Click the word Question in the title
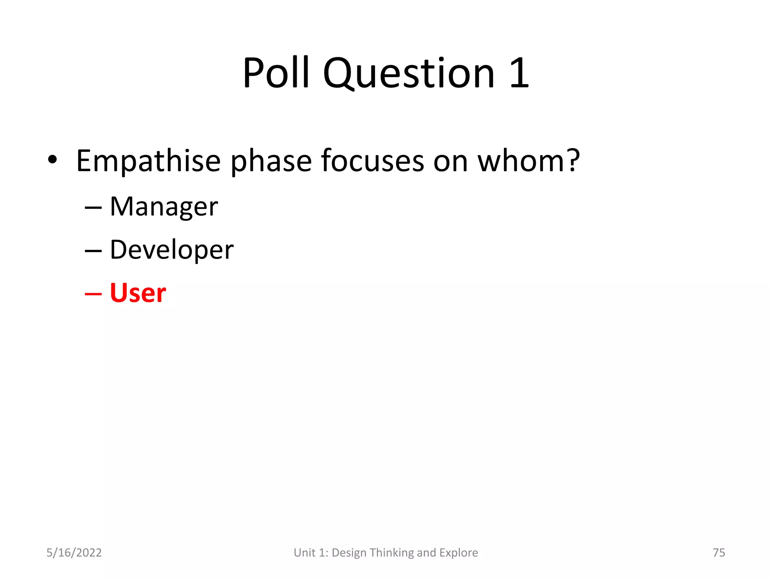[409, 74]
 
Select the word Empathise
[148, 161]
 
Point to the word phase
[271, 161]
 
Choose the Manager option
[164, 207]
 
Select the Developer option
[172, 250]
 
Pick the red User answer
[138, 293]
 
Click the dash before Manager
[93, 208]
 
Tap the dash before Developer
[93, 251]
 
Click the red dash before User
[93, 294]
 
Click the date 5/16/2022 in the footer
[74, 553]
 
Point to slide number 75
[719, 553]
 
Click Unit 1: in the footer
[311, 553]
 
